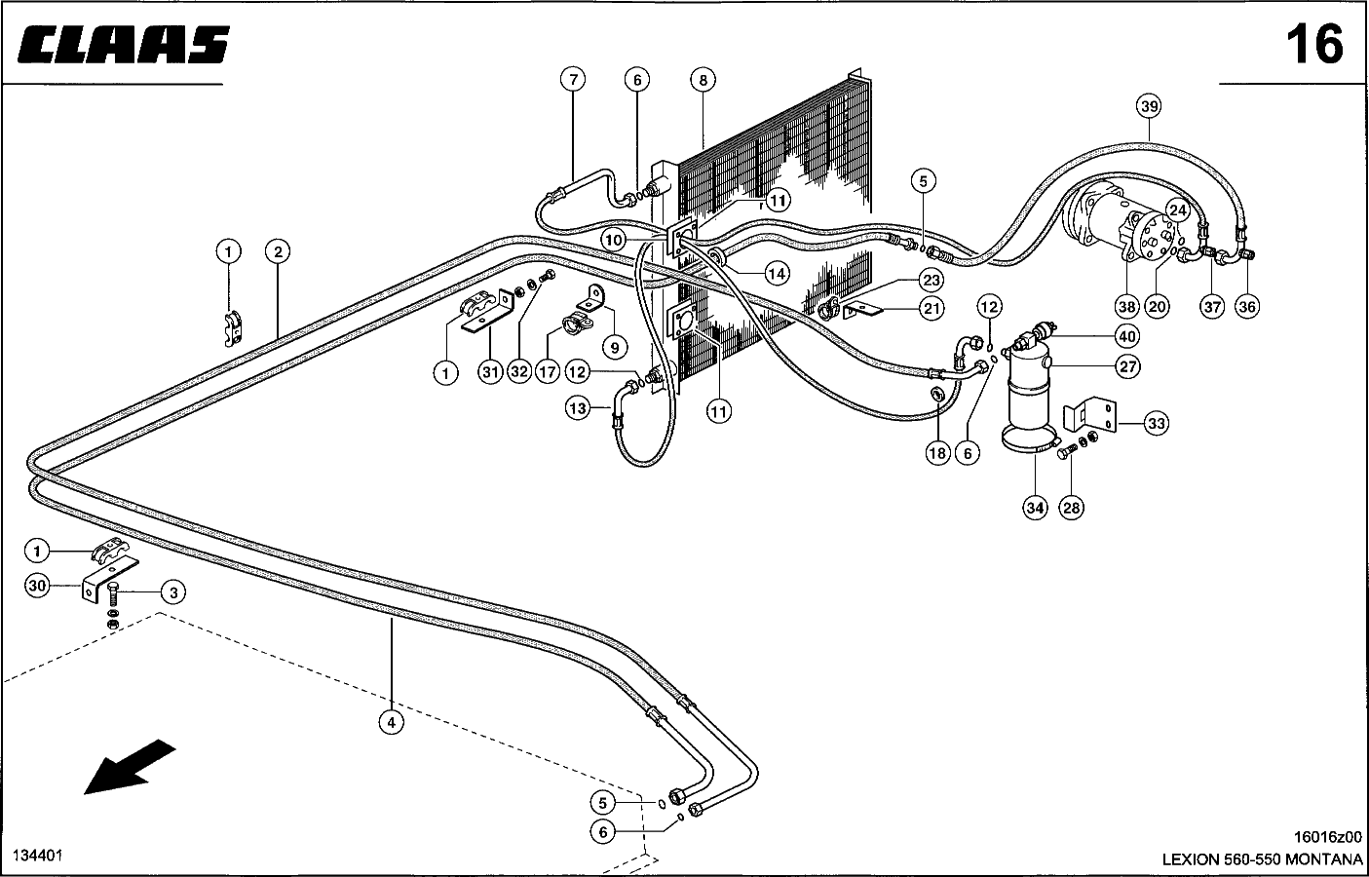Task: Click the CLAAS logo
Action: pyautogui.click(x=124, y=45)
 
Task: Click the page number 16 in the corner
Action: pyautogui.click(x=1314, y=44)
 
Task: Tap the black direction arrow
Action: pyautogui.click(x=129, y=767)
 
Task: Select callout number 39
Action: pyautogui.click(x=1149, y=106)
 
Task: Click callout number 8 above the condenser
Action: pyautogui.click(x=703, y=80)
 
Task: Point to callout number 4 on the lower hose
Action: pyautogui.click(x=391, y=722)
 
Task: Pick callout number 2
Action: pyautogui.click(x=278, y=251)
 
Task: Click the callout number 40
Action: pyautogui.click(x=1127, y=336)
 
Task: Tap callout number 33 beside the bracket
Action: pyautogui.click(x=1156, y=424)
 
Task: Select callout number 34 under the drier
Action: pyautogui.click(x=1035, y=508)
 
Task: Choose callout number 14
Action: pyautogui.click(x=777, y=273)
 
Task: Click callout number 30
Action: pyautogui.click(x=37, y=586)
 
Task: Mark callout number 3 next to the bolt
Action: pyautogui.click(x=173, y=592)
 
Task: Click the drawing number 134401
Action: pyautogui.click(x=37, y=855)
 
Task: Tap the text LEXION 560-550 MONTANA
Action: pyautogui.click(x=1262, y=859)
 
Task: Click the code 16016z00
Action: pyautogui.click(x=1327, y=837)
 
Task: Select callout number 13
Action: pyautogui.click(x=578, y=407)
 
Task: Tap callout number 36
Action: pyautogui.click(x=1247, y=306)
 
